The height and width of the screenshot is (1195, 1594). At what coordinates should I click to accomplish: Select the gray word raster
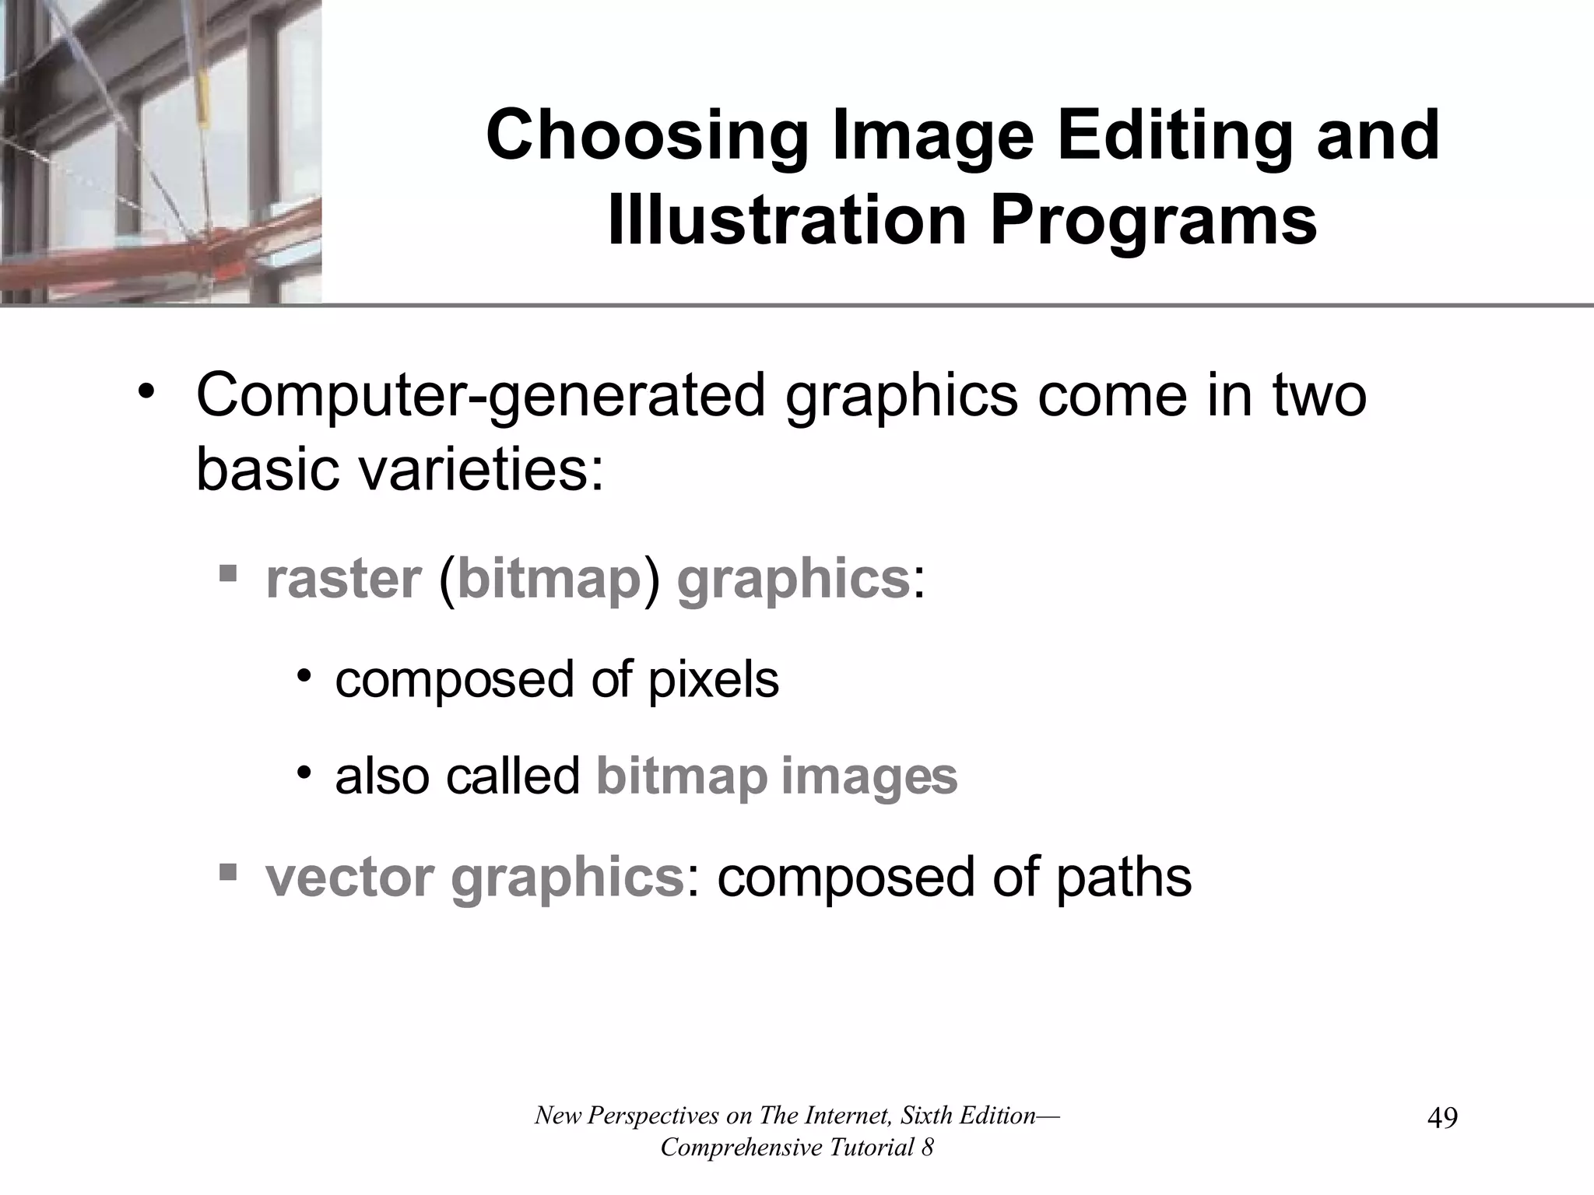click(x=343, y=579)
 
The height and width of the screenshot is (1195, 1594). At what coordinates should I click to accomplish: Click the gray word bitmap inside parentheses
click(x=549, y=579)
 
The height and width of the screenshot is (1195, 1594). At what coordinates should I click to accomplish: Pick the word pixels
click(x=713, y=679)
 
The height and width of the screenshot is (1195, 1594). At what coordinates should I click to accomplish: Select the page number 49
click(x=1442, y=1119)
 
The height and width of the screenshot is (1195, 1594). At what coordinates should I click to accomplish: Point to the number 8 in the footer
click(x=927, y=1148)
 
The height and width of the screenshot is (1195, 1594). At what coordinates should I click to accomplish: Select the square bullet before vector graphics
click(x=227, y=871)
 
